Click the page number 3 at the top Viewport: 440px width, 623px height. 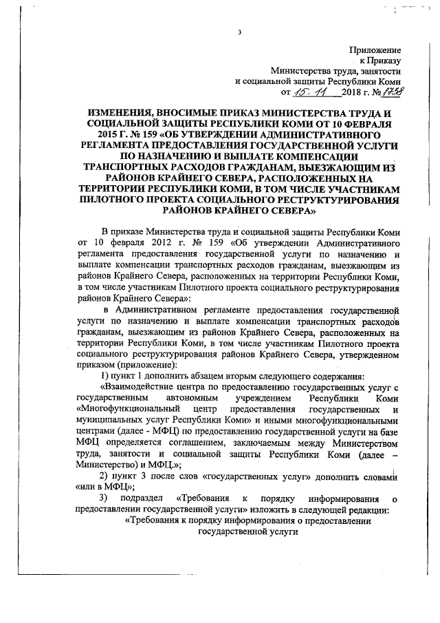pos(239,32)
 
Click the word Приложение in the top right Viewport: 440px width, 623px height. pos(375,50)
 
